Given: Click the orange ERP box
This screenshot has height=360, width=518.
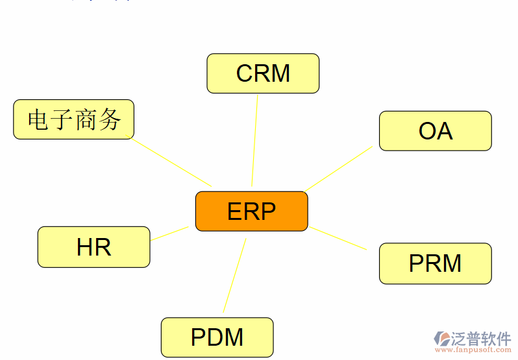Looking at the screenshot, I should pyautogui.click(x=251, y=211).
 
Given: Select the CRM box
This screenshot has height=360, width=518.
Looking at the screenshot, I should pyautogui.click(x=263, y=73).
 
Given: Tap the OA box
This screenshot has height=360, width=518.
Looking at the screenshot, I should pyautogui.click(x=435, y=131).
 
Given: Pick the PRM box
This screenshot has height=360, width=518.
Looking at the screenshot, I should pyautogui.click(x=435, y=263).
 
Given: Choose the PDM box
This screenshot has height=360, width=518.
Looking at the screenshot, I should pyautogui.click(x=217, y=337).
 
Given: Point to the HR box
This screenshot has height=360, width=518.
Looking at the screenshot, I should pyautogui.click(x=93, y=247).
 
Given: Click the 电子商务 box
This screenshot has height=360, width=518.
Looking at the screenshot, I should pyautogui.click(x=73, y=119).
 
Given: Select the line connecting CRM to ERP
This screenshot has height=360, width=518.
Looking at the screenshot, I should pyautogui.click(x=255, y=139).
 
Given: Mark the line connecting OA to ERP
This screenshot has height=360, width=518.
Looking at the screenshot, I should pyautogui.click(x=339, y=169).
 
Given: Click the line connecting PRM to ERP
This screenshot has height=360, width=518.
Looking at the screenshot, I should pyautogui.click(x=338, y=238).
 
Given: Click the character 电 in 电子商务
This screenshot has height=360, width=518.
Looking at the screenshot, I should pyautogui.click(x=38, y=119).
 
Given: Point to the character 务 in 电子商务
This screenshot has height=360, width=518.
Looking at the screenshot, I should pyautogui.click(x=110, y=119).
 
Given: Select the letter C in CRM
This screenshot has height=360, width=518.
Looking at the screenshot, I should pyautogui.click(x=244, y=73).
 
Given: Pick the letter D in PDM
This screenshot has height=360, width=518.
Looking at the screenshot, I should pyautogui.click(x=214, y=337).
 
